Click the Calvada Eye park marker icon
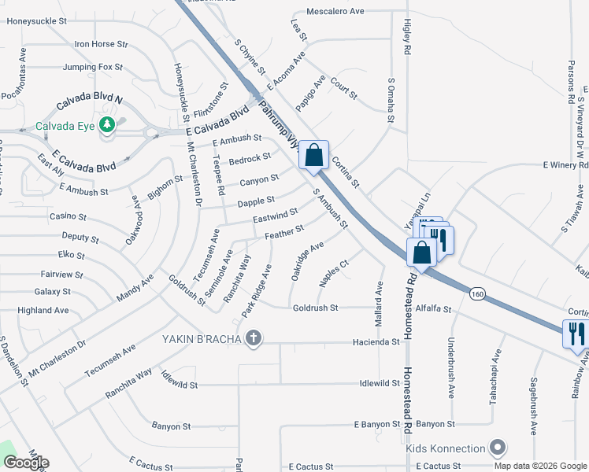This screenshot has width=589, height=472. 107,125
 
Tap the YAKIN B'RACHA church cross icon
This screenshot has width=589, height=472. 253,339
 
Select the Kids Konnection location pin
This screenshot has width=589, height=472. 497,448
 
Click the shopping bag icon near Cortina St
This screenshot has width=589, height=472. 314,156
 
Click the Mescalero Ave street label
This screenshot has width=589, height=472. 335,12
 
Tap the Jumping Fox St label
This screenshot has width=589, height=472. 92,68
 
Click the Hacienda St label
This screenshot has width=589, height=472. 380,342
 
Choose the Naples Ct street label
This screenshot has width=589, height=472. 334,272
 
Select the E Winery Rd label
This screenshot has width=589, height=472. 565,165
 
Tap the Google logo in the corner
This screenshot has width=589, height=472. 26,463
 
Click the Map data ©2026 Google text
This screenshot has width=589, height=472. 540,466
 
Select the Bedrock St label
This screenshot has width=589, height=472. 250,160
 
